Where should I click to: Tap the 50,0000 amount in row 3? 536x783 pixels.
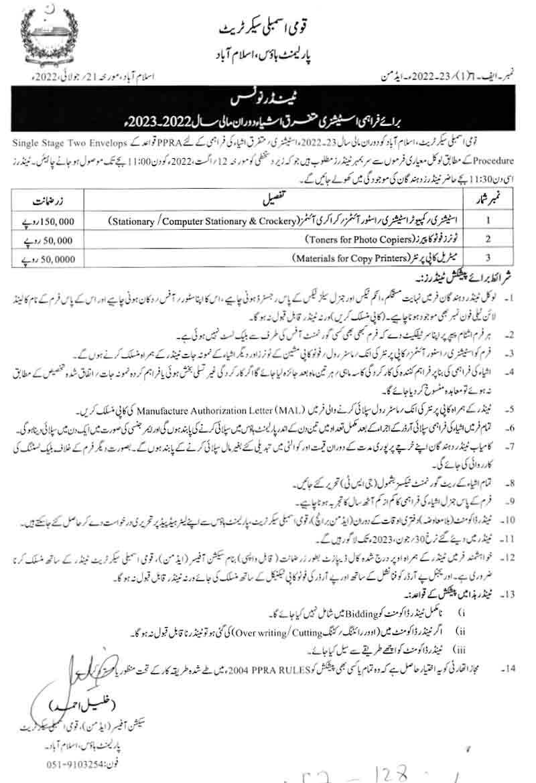[56, 257]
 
